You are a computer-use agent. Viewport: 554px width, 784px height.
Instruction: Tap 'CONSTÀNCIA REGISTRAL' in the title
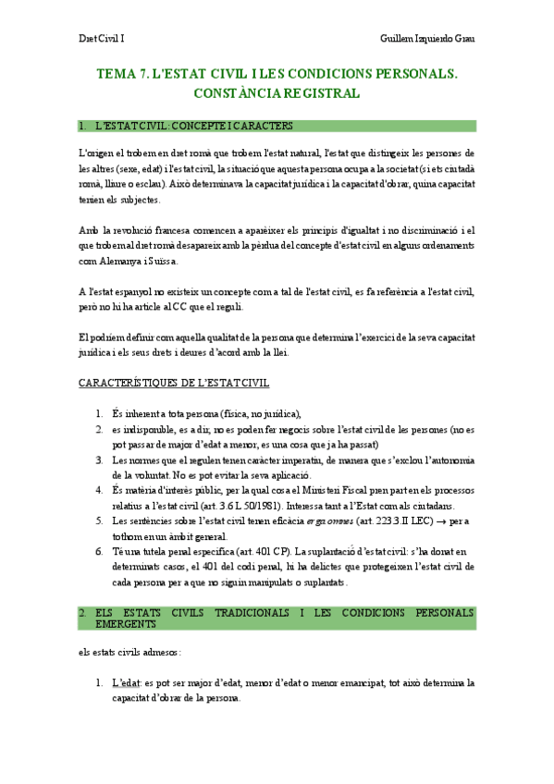tap(277, 93)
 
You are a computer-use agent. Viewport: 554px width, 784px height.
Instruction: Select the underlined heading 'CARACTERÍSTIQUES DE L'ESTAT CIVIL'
tap(175, 383)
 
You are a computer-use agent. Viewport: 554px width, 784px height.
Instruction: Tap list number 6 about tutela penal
tap(100, 552)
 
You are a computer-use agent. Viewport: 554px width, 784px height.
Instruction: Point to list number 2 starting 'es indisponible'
tap(100, 429)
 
